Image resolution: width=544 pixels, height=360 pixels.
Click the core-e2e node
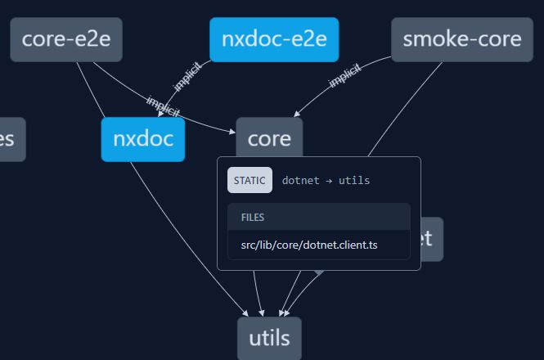point(66,39)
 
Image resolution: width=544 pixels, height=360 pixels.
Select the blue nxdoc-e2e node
point(274,39)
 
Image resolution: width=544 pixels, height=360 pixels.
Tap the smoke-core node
point(461,39)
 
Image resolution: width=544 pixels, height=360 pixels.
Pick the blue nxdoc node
point(143,139)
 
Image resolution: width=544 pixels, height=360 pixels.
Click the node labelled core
point(269,138)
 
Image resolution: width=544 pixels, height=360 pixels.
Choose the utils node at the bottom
point(269,338)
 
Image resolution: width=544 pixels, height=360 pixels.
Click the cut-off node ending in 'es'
point(10,139)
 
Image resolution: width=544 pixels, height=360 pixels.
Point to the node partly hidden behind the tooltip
point(431,239)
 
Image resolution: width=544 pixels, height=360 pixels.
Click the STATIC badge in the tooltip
point(250,180)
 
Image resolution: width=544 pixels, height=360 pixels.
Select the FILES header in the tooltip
point(253,218)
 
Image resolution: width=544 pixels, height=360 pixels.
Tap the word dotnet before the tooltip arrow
point(299,180)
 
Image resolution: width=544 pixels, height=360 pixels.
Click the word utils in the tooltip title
point(353,180)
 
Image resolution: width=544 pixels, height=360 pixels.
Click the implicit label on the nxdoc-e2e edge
point(187,76)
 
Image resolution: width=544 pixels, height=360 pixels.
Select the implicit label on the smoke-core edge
point(344,76)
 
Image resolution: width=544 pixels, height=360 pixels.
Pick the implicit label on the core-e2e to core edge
point(163,106)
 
